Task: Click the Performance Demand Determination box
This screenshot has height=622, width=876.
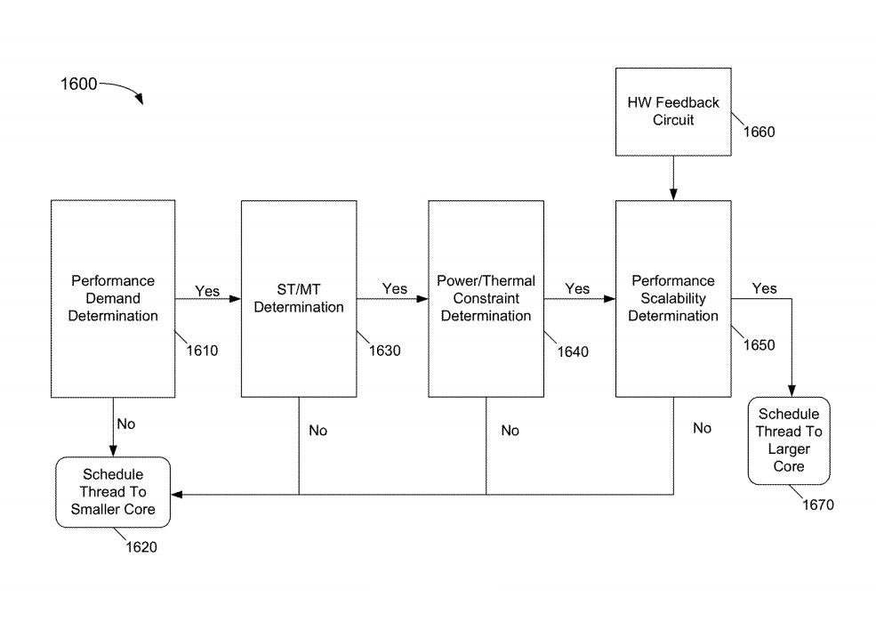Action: pos(112,298)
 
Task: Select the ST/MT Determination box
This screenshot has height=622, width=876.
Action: pos(299,298)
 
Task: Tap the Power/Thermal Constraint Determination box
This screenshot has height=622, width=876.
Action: pos(486,298)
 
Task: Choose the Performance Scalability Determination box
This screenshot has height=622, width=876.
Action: pos(673,298)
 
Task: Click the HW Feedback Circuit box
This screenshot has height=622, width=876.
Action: pos(673,110)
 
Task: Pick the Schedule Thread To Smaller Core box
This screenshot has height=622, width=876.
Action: pos(112,491)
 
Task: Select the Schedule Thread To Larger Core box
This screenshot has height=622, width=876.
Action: pos(788,440)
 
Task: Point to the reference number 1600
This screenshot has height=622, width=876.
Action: pos(78,85)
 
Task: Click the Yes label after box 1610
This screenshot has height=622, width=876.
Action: pos(207,289)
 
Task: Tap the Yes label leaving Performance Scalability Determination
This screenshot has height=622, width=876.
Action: pos(763,288)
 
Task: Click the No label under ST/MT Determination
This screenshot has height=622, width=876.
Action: pos(317,431)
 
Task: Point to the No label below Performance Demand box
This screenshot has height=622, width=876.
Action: pos(126,424)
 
